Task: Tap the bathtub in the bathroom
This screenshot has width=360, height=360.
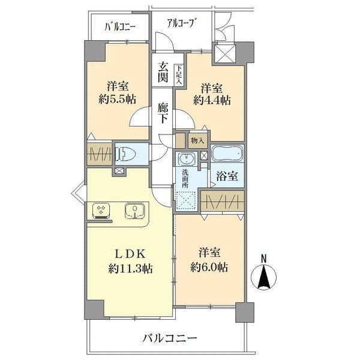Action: click(227, 153)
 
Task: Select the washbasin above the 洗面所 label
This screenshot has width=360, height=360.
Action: click(187, 158)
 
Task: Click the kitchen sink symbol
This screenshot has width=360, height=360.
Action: click(135, 211)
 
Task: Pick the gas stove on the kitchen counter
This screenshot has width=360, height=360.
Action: click(101, 211)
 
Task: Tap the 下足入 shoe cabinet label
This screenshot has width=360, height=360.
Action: click(179, 74)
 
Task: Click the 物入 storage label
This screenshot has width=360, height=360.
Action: click(197, 141)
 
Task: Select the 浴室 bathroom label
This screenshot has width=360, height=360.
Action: click(227, 176)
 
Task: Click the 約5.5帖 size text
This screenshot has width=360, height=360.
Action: click(118, 100)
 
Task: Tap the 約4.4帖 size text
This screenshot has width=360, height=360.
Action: click(212, 100)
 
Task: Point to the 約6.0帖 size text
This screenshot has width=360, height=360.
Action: click(209, 267)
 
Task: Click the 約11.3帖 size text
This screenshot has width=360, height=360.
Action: click(130, 268)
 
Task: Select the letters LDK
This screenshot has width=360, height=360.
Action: click(130, 254)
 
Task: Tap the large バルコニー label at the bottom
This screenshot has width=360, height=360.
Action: click(170, 338)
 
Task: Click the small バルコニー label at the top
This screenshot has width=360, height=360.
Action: click(120, 27)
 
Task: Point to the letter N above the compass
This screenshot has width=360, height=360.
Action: click(264, 259)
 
